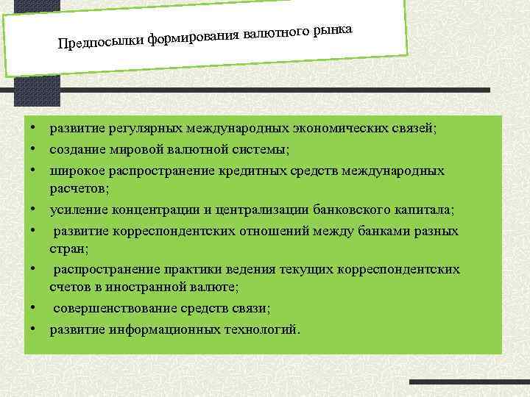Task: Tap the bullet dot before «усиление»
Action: (35, 210)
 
